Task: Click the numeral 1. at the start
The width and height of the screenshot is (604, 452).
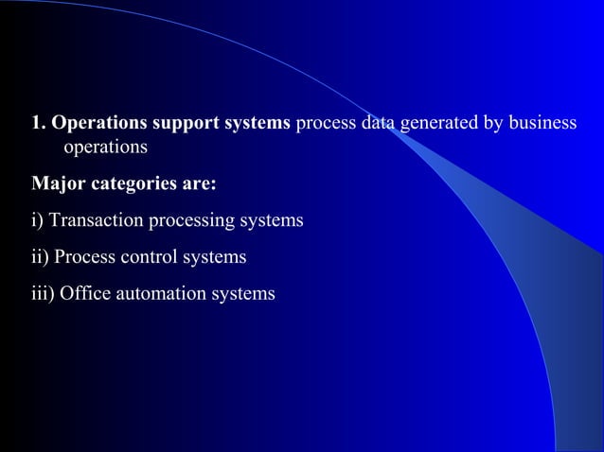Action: click(x=39, y=124)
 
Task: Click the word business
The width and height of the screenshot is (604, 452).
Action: click(x=538, y=125)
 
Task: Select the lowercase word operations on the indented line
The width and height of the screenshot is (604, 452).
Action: click(x=105, y=148)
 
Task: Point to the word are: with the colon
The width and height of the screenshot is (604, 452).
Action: click(x=200, y=183)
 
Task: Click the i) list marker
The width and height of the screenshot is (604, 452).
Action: click(x=38, y=220)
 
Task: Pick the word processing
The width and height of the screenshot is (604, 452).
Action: click(x=194, y=220)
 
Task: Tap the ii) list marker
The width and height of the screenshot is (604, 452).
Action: click(x=41, y=257)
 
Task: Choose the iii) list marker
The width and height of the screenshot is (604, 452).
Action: click(x=43, y=294)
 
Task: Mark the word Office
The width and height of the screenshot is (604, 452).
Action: click(x=85, y=294)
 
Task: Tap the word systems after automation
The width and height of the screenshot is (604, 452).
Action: click(x=245, y=294)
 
